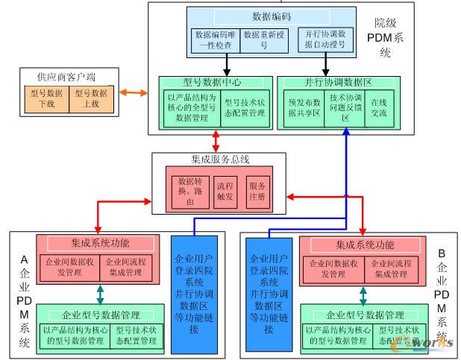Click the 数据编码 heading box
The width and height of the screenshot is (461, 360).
(266, 16)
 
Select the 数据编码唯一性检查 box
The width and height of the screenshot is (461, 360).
(214, 40)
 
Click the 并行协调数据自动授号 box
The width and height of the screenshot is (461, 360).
(322, 40)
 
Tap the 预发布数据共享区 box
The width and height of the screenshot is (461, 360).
(303, 108)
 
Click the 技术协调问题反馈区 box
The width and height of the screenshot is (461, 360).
(345, 108)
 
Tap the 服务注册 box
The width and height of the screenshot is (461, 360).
(257, 192)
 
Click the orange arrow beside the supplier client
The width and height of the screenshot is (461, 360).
(134, 93)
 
